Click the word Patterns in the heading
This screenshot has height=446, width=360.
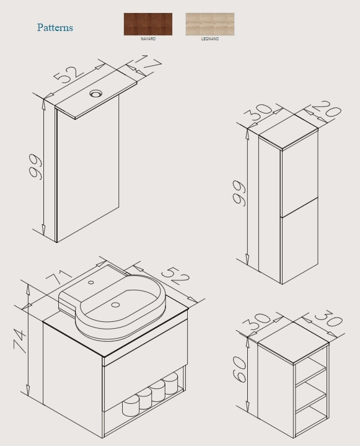(x=55, y=27)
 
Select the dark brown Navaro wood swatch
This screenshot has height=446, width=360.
(x=148, y=24)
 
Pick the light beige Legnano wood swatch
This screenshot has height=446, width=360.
(x=210, y=24)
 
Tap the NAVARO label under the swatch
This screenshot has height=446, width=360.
(x=148, y=39)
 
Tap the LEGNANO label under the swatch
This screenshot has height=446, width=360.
(x=210, y=39)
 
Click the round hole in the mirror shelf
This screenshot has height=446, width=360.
(x=96, y=93)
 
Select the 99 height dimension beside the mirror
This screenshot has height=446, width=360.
(x=35, y=167)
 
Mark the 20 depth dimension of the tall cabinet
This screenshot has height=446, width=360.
(x=327, y=110)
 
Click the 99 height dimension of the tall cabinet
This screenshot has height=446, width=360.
(x=239, y=193)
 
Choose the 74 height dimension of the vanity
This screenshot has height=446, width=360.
(x=20, y=341)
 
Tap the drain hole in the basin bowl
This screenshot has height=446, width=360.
(x=115, y=305)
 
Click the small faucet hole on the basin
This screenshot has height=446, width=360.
(x=91, y=282)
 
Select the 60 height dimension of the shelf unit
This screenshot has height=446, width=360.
(x=239, y=369)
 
